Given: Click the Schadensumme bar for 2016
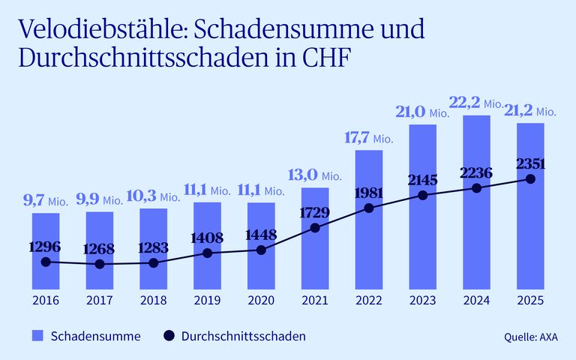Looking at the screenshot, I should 46,251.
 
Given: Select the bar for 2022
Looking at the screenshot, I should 369,220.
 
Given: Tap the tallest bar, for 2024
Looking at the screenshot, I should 477,202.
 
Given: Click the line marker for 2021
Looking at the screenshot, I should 315,227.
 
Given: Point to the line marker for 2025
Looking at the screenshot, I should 531,179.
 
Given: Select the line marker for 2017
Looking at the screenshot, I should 100,264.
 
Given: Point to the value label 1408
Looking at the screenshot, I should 208,238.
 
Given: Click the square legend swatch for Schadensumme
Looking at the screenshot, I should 37,336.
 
